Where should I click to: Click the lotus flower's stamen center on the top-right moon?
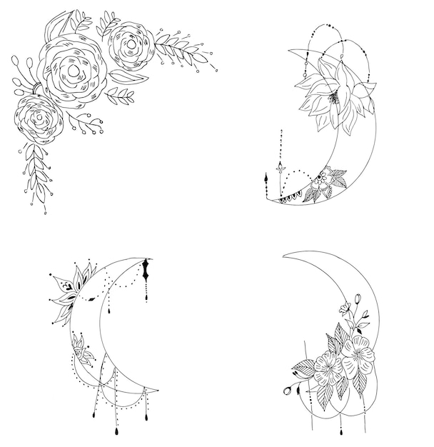333,99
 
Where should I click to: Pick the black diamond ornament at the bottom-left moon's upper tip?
146,270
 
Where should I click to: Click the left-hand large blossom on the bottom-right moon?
328,369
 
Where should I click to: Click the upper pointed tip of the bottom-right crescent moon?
284,255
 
